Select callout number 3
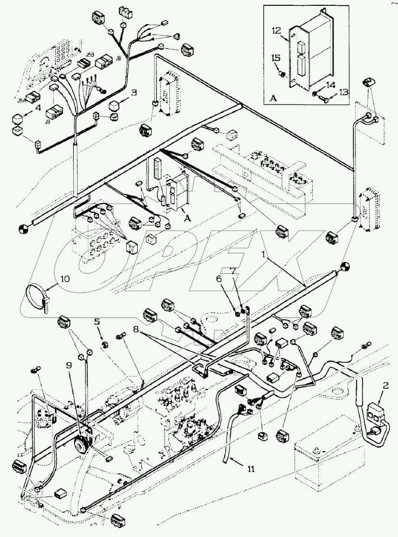pyautogui.click(x=134, y=92)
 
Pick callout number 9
pyautogui.click(x=69, y=365)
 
